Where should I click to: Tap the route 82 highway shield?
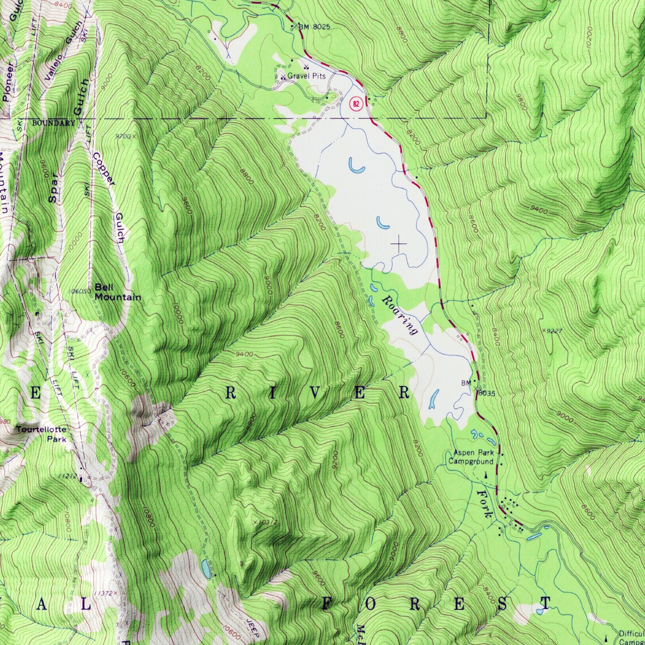coord(355,104)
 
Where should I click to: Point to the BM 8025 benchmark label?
coord(314,27)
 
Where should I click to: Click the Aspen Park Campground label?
coord(473,457)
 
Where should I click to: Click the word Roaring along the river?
coord(399,315)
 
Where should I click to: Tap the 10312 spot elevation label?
coord(266,522)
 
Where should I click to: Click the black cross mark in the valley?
coord(399,244)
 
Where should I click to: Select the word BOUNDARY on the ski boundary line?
coord(53,123)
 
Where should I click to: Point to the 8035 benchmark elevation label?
coord(487,393)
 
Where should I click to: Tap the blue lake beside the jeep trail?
coord(207,569)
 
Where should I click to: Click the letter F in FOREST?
coord(328,604)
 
